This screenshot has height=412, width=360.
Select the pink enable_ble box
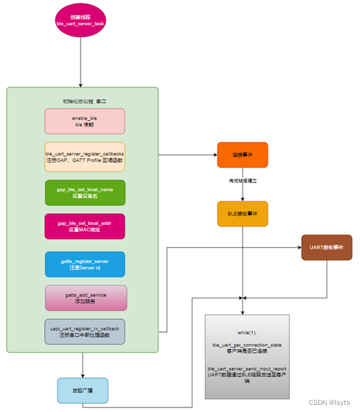(x=84, y=122)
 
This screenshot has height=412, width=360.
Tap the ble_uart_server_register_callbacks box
(x=84, y=157)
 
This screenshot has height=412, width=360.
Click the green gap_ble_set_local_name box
(x=84, y=192)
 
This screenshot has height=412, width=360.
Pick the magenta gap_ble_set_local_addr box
(x=84, y=226)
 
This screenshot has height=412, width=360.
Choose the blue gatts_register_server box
(x=84, y=264)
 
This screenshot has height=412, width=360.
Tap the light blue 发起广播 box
(x=82, y=391)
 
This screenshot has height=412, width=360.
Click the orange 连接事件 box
(x=242, y=155)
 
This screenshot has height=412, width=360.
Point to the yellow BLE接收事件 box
(x=242, y=214)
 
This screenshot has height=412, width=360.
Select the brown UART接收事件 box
(x=326, y=248)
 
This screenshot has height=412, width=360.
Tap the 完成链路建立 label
(x=243, y=181)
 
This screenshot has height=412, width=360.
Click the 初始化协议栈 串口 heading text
(x=84, y=102)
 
